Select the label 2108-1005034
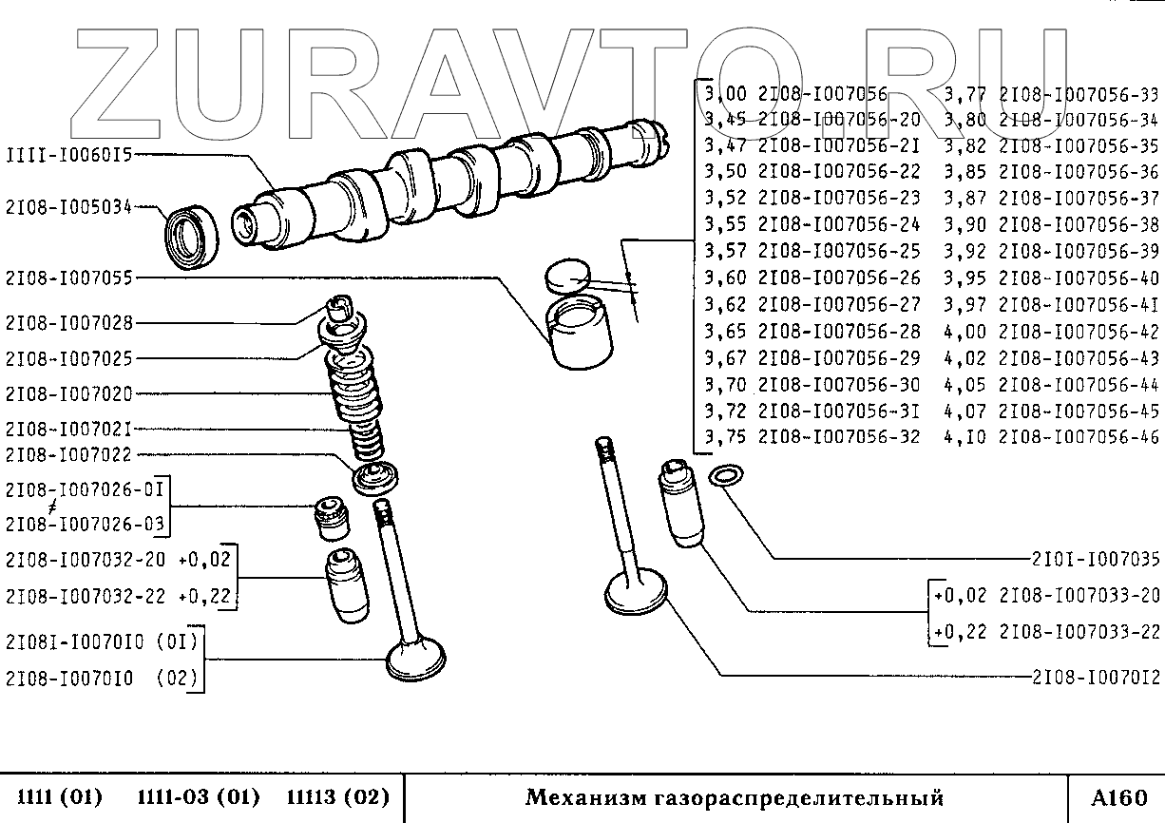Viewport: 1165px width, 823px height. click(68, 206)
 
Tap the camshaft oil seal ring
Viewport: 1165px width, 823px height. click(192, 233)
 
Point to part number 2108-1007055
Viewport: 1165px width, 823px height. click(68, 278)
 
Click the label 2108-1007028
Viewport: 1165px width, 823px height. click(68, 323)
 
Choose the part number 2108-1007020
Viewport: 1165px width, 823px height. click(68, 393)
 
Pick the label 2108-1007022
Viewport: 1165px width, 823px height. click(68, 455)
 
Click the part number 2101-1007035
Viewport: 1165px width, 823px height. click(1097, 559)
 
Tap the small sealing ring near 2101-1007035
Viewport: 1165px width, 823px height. click(727, 475)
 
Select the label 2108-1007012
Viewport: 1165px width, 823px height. click(1097, 678)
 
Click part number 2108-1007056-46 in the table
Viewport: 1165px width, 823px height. click(1080, 438)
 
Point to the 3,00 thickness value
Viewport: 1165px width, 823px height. click(725, 94)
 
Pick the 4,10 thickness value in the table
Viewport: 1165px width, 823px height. click(964, 438)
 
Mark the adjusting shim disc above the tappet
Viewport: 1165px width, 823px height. click(566, 274)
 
